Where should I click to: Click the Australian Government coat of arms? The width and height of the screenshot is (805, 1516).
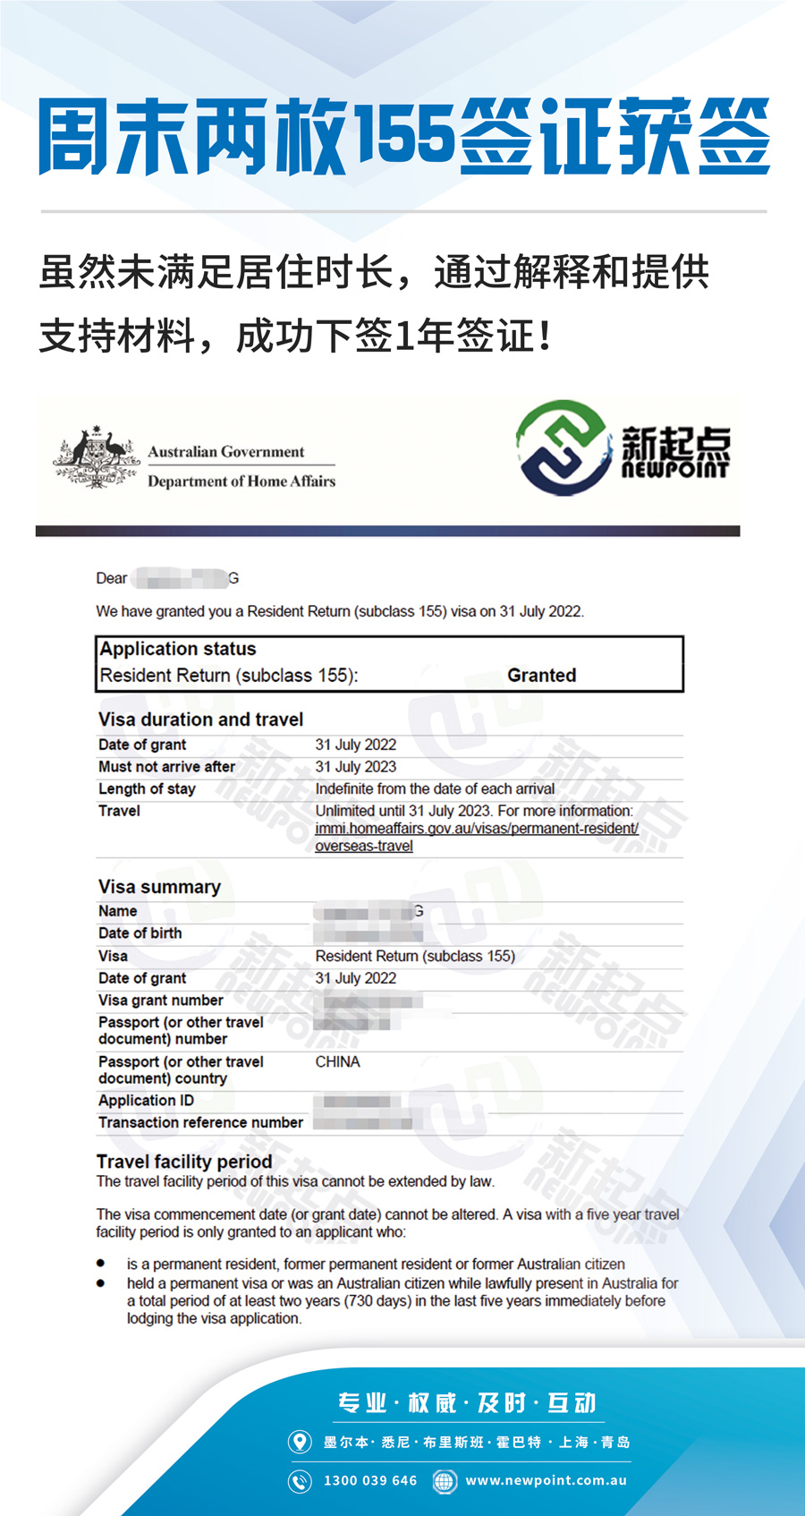point(96,458)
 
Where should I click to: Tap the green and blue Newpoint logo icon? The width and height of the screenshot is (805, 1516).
point(563,447)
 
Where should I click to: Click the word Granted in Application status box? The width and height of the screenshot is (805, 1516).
point(541,676)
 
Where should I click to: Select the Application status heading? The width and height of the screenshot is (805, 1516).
point(178,649)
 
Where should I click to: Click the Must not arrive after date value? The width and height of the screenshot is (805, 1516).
point(355,767)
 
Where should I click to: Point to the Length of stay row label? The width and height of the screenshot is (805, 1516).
point(147,789)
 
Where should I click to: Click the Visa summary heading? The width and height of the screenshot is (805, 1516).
point(159,887)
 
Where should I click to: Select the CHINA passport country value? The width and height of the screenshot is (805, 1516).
point(337,1062)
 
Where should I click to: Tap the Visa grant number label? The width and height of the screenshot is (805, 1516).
point(161,1001)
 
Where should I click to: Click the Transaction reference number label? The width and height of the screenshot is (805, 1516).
point(200,1122)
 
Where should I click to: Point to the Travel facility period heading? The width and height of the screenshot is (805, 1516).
point(184,1162)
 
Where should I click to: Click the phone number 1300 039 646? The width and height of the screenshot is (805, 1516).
point(370,1480)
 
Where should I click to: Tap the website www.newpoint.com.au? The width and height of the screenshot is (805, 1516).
point(546,1480)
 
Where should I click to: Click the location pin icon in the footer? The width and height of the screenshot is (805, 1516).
point(300,1442)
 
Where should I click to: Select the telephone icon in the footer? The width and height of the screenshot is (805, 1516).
point(300,1481)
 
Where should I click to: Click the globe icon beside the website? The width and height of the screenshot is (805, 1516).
point(444,1481)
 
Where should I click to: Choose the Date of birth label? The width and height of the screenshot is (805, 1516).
point(140,933)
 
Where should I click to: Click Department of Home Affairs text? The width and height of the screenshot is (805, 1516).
point(241,481)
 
